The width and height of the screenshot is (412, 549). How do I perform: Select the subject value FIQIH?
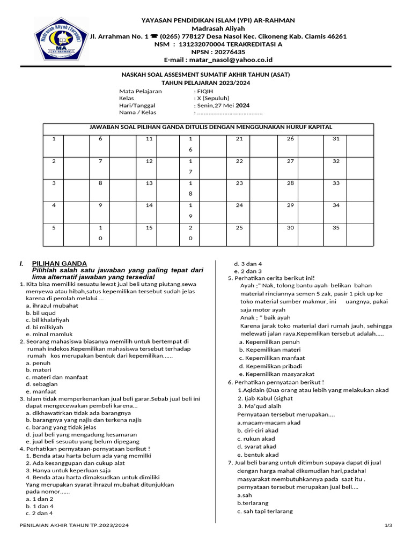coord(205,91)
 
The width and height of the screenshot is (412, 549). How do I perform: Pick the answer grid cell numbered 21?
coord(239,139)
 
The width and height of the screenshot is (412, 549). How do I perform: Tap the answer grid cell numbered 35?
coord(336,227)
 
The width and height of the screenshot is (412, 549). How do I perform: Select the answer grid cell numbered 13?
coord(149,183)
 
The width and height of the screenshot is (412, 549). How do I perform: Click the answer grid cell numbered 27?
coord(290,161)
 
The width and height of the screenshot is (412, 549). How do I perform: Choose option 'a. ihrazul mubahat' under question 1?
coord(52,306)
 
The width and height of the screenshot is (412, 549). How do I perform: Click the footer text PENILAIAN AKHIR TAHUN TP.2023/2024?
coord(75,525)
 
